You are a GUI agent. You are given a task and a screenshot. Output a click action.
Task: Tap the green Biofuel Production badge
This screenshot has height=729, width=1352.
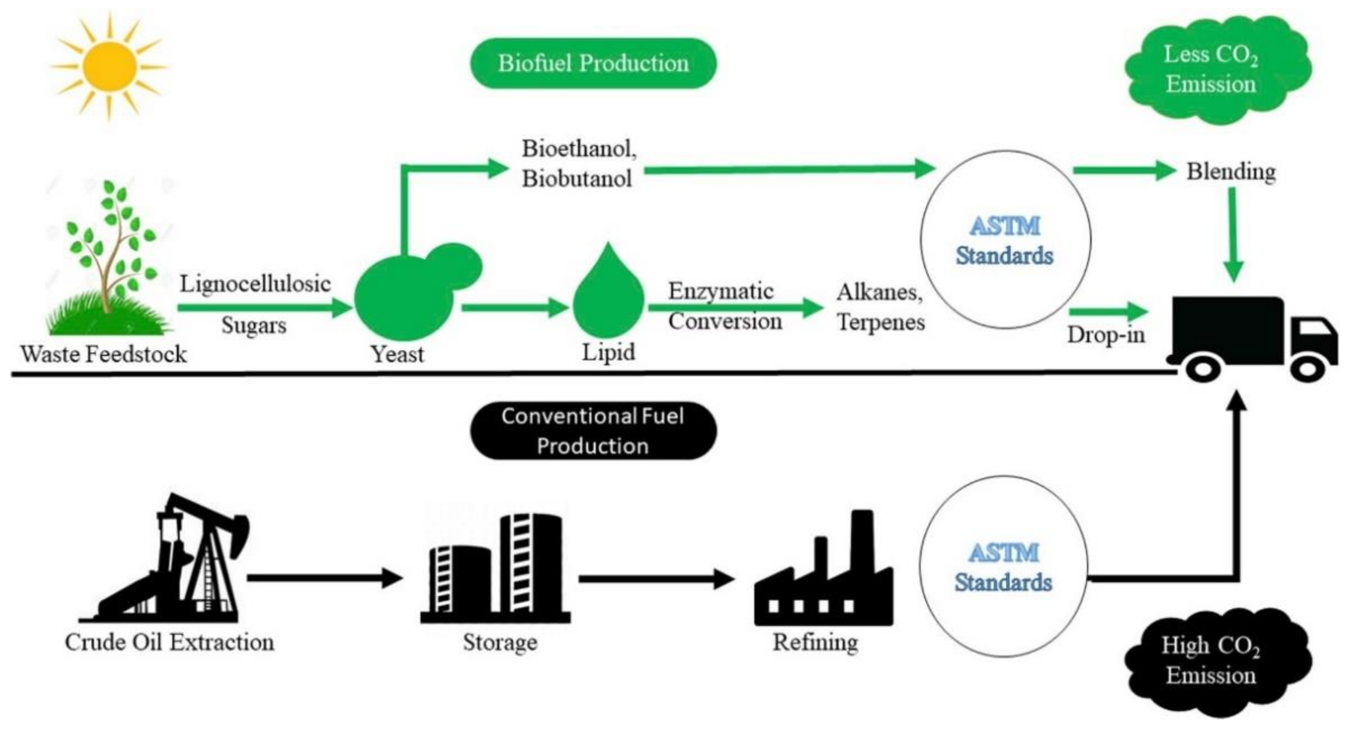click(593, 63)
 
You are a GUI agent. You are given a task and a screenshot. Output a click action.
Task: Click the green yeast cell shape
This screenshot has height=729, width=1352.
click(407, 297)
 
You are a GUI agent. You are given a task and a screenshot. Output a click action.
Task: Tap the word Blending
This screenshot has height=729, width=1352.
click(1231, 172)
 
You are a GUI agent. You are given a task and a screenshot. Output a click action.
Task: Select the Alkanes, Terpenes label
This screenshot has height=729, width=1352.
click(881, 307)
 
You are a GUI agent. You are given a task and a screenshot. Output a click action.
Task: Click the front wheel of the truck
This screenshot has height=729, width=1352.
click(1307, 369)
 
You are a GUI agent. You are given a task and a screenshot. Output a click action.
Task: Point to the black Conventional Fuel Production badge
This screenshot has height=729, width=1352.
click(593, 431)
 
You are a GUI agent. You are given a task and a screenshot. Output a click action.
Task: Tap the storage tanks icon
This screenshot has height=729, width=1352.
click(496, 570)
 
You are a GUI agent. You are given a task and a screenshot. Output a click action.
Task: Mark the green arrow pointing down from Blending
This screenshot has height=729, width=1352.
click(1232, 234)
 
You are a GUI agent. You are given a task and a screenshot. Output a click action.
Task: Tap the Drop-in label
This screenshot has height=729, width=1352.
click(1106, 334)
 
